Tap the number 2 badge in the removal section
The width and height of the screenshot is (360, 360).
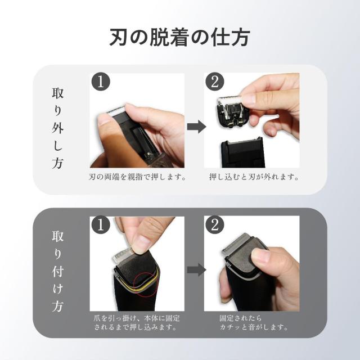214,83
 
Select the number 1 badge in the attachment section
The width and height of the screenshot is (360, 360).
100,226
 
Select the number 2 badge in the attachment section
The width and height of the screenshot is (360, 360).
214,226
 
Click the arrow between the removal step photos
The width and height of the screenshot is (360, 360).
195,127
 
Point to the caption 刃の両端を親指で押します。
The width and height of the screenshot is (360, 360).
137,177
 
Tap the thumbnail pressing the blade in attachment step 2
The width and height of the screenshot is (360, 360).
260,256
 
